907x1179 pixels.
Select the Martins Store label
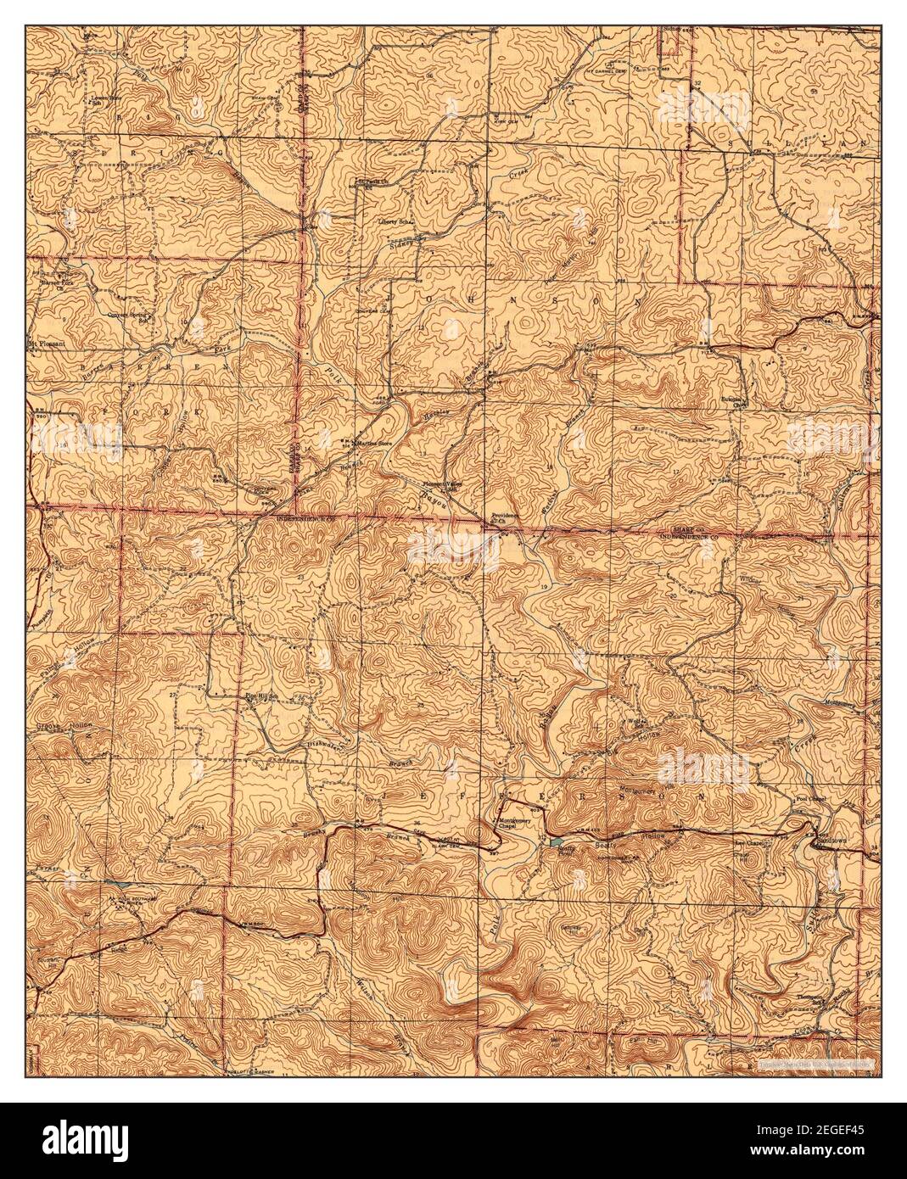(377, 441)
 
